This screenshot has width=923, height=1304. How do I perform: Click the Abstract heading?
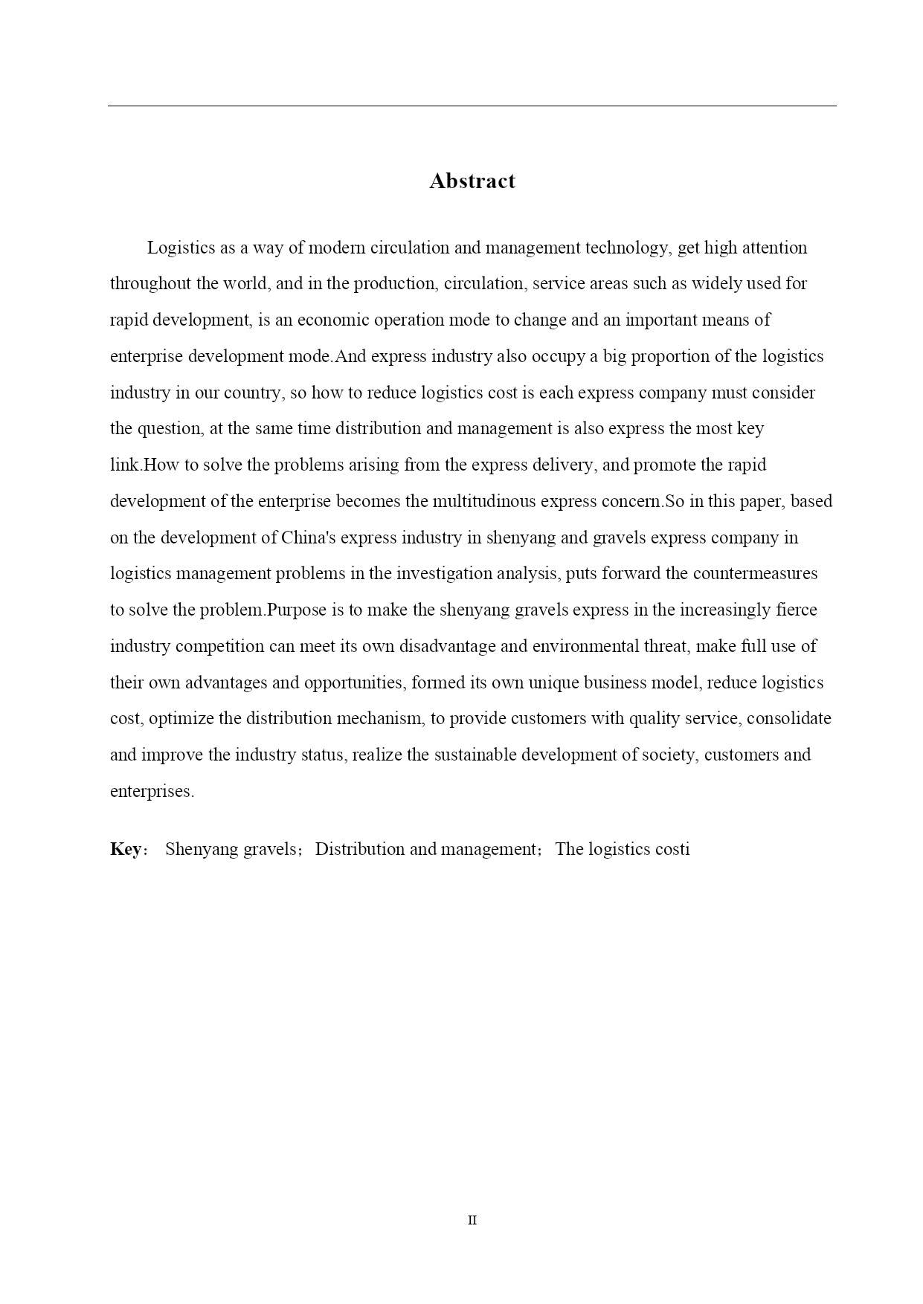click(x=472, y=181)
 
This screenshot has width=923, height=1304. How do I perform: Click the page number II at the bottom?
click(x=472, y=1220)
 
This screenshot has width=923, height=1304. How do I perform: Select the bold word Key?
click(x=126, y=849)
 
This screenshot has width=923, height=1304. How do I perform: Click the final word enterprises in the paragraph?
click(x=151, y=791)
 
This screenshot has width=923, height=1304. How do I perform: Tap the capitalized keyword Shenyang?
click(x=199, y=849)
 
